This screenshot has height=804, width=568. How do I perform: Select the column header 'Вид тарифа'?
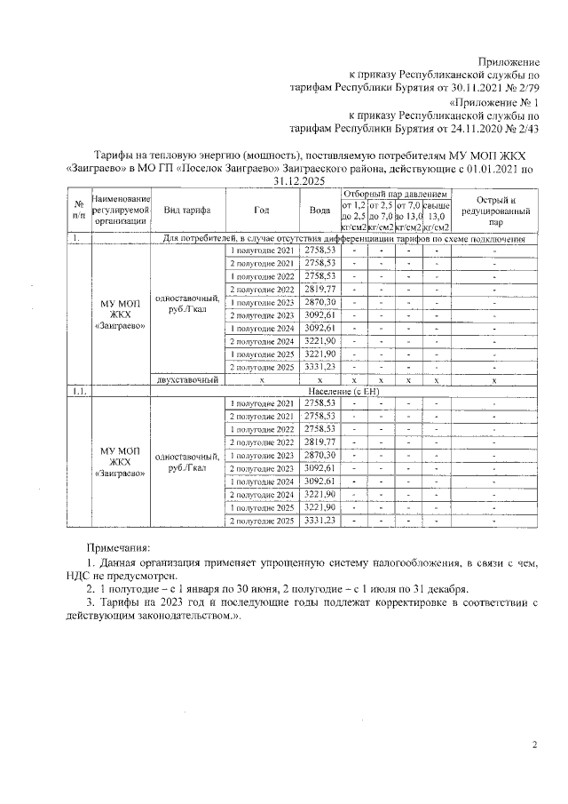(x=186, y=211)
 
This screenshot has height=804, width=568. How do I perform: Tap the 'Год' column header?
(x=261, y=211)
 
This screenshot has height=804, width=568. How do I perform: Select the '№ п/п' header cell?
(x=79, y=211)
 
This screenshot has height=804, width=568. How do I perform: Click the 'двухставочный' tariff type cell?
(x=186, y=379)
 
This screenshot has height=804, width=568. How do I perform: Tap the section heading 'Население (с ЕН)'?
(x=343, y=391)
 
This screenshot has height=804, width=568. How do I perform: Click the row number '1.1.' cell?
(x=79, y=391)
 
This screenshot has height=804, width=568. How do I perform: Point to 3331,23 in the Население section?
(x=320, y=520)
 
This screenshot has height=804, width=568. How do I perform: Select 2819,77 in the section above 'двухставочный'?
(x=320, y=290)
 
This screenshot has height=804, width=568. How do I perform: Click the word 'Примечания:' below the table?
(x=118, y=550)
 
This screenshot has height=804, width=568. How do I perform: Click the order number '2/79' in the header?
(x=525, y=88)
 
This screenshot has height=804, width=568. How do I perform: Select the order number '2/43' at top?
(x=525, y=129)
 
